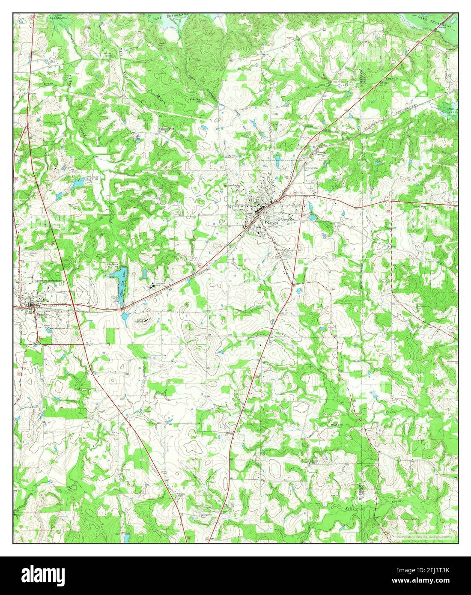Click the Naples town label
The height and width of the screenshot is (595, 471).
click(x=273, y=224)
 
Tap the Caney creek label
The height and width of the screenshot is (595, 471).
click(x=343, y=85)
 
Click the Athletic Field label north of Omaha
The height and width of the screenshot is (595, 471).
click(x=33, y=254)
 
